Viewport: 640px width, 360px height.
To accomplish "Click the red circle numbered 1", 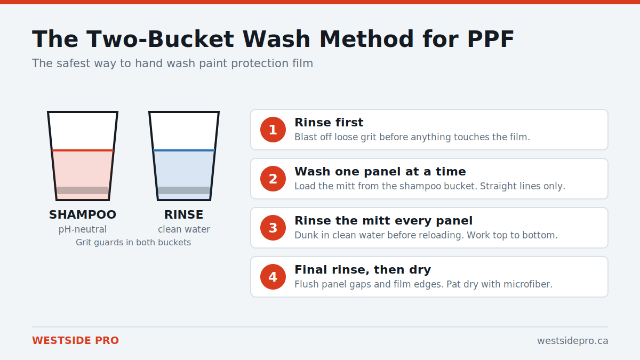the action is click(273, 130).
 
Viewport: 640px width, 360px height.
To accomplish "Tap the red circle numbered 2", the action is click(273, 179).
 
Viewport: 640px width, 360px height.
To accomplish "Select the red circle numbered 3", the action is click(273, 228).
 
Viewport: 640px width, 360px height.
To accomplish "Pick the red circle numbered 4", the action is click(273, 277).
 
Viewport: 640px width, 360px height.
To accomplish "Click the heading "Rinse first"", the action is click(329, 122).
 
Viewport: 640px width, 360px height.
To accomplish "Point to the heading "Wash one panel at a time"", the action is click(380, 171).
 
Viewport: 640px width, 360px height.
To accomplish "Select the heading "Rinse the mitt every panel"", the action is click(383, 221).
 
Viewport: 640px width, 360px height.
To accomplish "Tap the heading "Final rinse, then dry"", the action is click(363, 270).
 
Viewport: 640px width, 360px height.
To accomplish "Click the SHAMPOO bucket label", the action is click(83, 214).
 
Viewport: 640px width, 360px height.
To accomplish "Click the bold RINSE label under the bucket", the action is click(183, 214).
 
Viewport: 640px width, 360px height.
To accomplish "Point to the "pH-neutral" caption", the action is click(83, 229).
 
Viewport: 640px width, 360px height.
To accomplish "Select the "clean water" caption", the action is click(184, 229).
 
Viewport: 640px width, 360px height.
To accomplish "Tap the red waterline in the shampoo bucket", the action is click(83, 150).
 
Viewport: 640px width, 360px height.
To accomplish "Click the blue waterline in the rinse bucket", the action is click(184, 150).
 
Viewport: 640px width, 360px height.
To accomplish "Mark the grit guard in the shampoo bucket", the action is click(83, 190).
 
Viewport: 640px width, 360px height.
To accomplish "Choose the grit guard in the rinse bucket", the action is click(184, 190).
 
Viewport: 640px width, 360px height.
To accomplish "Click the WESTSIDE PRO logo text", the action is click(75, 341).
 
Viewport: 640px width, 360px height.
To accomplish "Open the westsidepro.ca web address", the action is click(573, 341).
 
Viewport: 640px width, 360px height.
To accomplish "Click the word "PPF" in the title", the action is click(491, 39).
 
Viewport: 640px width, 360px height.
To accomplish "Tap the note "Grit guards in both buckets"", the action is click(133, 242).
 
